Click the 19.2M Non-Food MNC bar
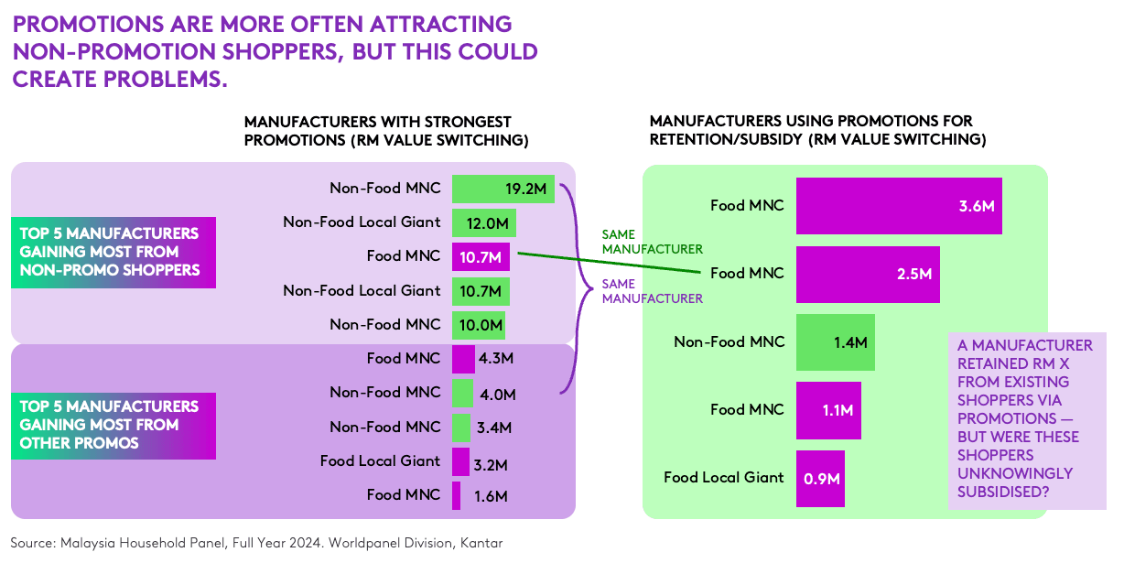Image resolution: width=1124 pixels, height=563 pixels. (503, 189)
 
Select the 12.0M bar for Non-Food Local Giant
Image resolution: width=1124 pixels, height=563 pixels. (484, 222)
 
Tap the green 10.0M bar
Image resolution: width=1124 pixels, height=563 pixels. (479, 325)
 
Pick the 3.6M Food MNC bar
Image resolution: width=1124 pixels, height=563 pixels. (899, 206)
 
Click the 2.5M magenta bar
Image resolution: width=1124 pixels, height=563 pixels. (868, 275)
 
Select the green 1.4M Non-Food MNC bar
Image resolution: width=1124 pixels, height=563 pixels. (836, 342)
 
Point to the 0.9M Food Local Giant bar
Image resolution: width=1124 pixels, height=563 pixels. (820, 479)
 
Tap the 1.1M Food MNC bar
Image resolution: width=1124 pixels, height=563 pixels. (829, 410)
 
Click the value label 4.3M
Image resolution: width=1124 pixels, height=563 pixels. (496, 358)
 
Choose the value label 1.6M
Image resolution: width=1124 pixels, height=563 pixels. (491, 496)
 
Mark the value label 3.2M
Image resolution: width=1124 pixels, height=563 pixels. (491, 465)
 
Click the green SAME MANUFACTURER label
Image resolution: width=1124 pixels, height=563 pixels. (653, 242)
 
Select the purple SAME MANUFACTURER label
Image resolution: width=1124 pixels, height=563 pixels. (653, 291)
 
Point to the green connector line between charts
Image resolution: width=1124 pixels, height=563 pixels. (610, 263)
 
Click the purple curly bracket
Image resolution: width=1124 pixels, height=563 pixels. (577, 288)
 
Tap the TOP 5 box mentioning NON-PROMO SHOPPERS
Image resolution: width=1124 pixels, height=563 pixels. (113, 253)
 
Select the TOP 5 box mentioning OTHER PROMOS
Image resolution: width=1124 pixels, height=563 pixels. (113, 426)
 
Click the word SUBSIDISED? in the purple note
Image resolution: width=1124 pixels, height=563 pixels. (1003, 492)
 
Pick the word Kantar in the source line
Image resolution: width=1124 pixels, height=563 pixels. (481, 543)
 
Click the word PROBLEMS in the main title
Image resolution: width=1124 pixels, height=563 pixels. (167, 80)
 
